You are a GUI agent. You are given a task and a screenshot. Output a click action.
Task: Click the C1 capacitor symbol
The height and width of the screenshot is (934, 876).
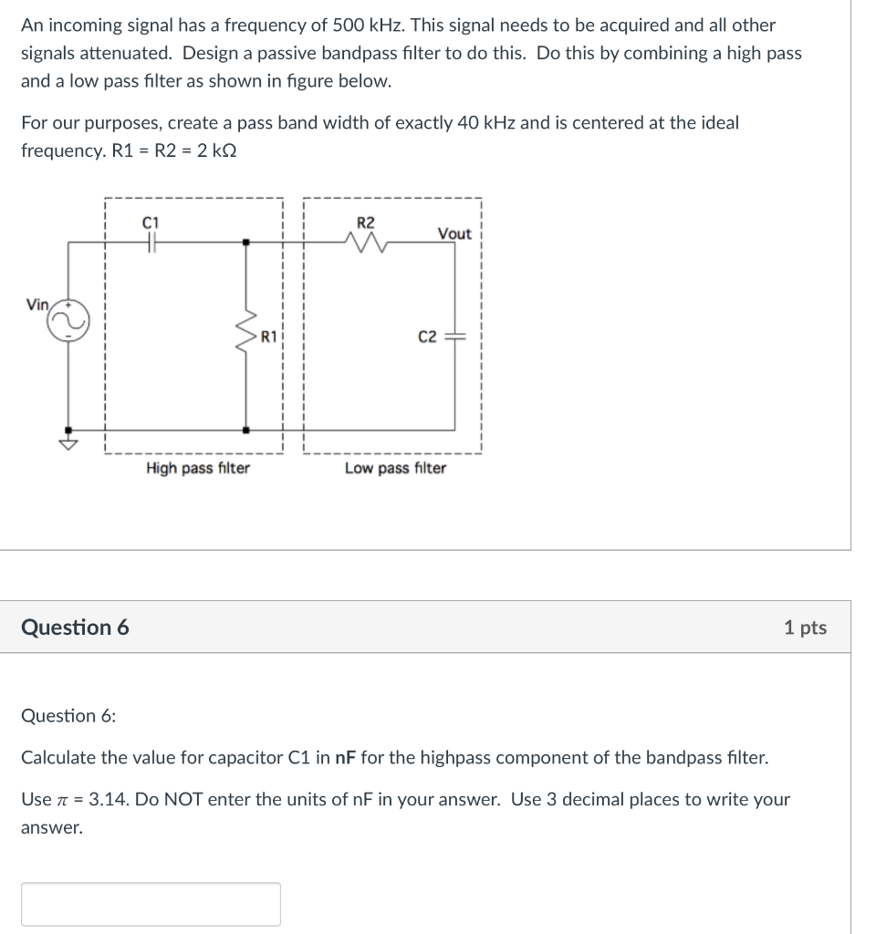click(151, 242)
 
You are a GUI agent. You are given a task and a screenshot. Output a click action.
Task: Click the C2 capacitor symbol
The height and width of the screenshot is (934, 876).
click(455, 337)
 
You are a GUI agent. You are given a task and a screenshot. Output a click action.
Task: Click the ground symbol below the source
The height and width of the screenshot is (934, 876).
click(68, 442)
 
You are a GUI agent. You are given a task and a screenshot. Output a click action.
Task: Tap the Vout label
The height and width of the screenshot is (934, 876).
click(454, 233)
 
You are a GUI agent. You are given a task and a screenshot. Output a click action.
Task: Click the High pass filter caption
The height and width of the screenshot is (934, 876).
click(198, 468)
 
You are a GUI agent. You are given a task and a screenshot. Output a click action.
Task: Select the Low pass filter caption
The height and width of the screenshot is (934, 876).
click(395, 468)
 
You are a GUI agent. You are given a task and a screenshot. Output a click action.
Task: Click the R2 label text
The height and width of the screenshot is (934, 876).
click(365, 222)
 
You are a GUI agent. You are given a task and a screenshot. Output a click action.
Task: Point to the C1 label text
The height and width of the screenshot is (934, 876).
click(151, 222)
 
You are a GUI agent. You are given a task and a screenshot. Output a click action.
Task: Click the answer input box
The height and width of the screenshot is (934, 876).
click(151, 904)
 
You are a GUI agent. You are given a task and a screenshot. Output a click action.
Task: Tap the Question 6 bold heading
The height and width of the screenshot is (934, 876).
click(75, 628)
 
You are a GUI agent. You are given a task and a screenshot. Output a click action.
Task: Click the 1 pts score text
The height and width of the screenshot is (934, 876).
click(805, 628)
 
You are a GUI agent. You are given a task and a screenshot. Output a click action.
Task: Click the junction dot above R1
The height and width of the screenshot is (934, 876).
click(245, 243)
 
